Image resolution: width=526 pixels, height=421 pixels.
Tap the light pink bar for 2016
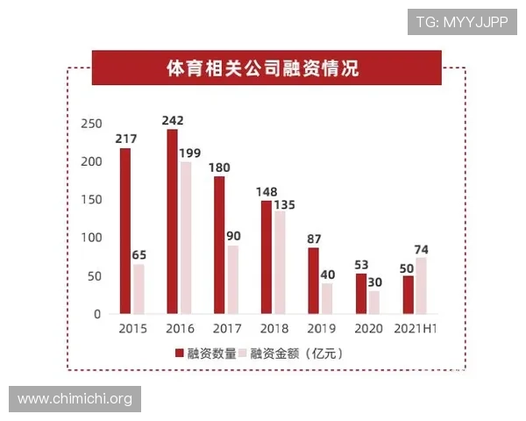(x=185, y=238)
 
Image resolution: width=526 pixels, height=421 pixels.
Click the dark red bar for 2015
(x=125, y=231)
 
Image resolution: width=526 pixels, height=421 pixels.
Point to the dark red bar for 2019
(x=313, y=281)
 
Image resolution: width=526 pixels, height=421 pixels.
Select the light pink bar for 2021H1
(x=422, y=285)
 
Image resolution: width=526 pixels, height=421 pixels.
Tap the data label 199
(x=190, y=153)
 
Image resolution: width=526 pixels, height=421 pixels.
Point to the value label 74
(x=422, y=250)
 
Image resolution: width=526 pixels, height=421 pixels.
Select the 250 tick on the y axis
(x=90, y=124)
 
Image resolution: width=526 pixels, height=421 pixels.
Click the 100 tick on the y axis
(x=90, y=238)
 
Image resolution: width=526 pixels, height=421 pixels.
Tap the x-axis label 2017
(x=226, y=330)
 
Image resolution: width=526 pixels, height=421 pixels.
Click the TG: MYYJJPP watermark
(x=461, y=22)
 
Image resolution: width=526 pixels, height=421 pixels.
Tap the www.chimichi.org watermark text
(x=75, y=399)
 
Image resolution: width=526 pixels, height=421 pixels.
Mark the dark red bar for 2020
(x=361, y=294)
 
